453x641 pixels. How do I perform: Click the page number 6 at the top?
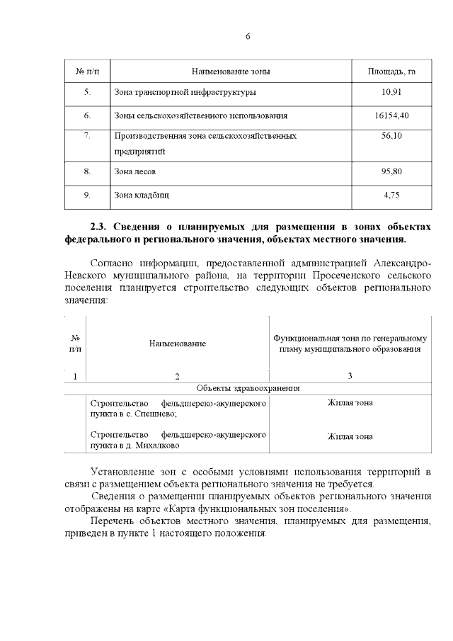tap(248, 36)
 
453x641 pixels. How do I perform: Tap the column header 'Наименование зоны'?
tap(231, 72)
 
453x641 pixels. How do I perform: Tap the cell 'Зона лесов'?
tap(134, 171)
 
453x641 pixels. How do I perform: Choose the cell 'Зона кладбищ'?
tap(141, 195)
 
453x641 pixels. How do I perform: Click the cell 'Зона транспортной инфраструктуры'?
tap(185, 92)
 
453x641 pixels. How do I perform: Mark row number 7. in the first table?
tap(87, 135)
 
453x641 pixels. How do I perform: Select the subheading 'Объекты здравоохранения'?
tap(248, 388)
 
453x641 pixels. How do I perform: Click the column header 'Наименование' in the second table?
tap(177, 344)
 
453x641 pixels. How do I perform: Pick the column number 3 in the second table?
tap(350, 375)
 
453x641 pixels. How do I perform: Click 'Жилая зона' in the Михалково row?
tap(350, 436)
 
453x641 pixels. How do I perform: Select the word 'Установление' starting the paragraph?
tap(125, 471)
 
